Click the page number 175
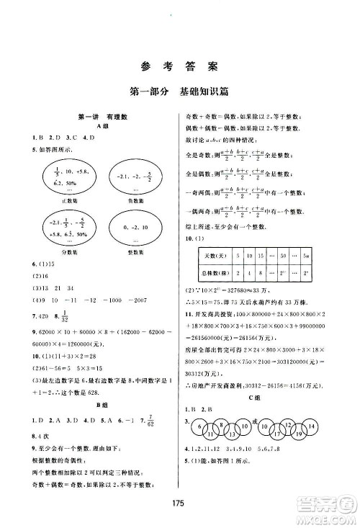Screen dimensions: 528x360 tap(179, 504)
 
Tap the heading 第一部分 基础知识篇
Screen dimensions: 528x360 tap(179, 91)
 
